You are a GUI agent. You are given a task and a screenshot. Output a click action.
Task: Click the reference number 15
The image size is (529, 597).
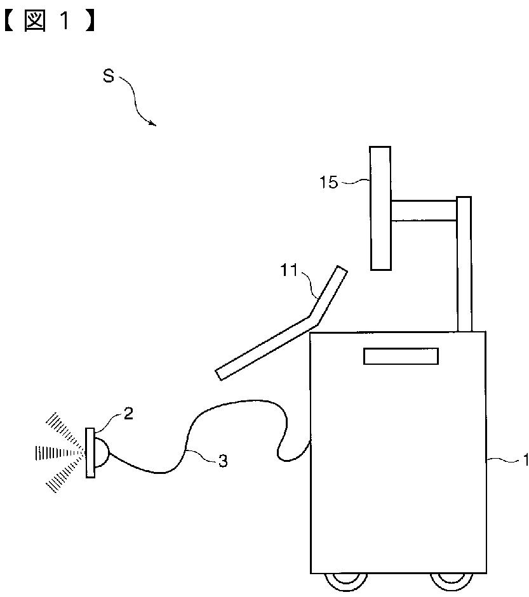328,183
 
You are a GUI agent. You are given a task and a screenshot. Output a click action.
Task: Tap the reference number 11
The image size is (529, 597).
289,271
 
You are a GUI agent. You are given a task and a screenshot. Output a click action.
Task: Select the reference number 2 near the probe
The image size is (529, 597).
128,414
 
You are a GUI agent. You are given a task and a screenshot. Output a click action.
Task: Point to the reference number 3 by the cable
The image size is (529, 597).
222,461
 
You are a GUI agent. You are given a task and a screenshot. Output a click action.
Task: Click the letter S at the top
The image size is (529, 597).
109,77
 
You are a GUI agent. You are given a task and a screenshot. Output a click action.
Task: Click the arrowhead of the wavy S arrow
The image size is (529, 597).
153,124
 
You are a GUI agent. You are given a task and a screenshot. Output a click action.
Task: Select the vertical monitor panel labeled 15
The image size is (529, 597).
380,207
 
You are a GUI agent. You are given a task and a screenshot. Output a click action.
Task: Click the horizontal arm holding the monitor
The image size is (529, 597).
424,211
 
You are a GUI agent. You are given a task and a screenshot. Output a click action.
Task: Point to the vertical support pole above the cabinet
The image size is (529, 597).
464,263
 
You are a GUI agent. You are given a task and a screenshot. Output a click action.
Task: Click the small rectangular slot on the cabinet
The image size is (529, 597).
401,356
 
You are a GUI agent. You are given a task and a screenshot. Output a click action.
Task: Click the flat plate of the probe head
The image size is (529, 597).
90,452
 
